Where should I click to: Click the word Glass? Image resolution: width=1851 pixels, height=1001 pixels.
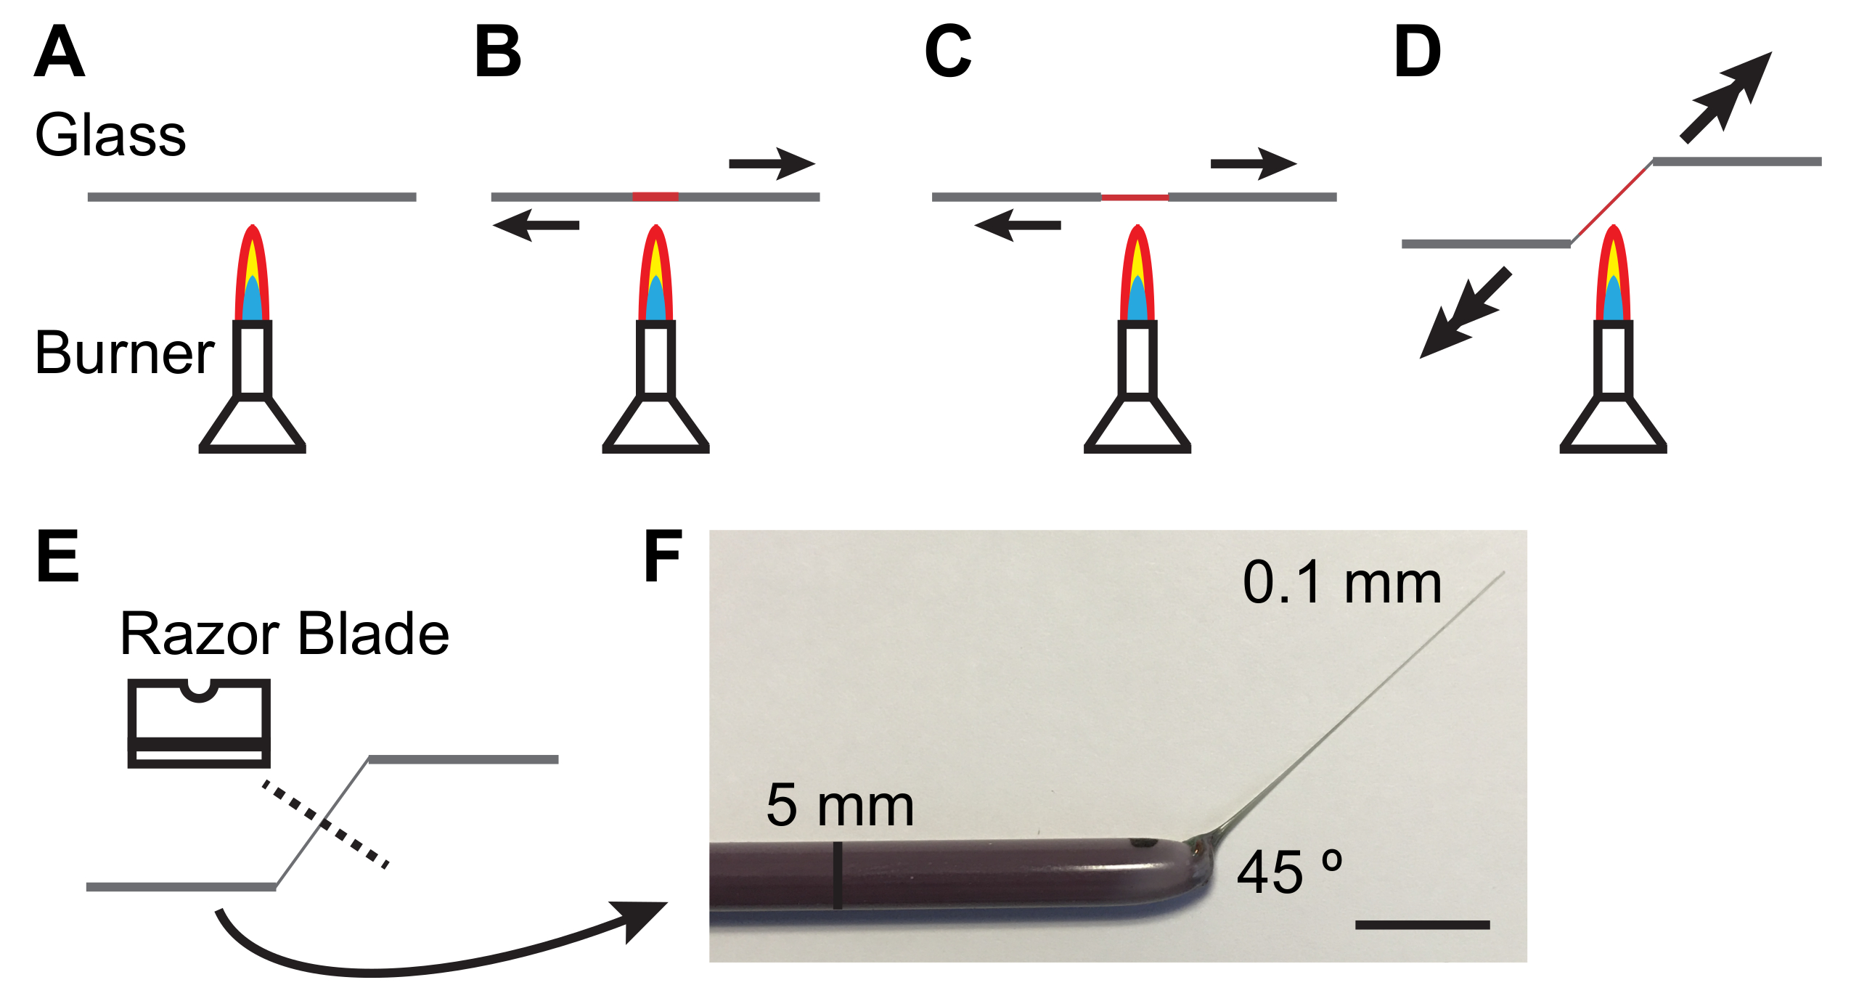pyautogui.click(x=110, y=135)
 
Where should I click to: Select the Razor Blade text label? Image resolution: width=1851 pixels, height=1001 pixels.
pyautogui.click(x=285, y=634)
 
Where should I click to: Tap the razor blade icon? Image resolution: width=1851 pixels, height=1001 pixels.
pyautogui.click(x=199, y=723)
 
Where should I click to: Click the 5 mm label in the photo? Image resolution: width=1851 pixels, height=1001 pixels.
pyautogui.click(x=840, y=806)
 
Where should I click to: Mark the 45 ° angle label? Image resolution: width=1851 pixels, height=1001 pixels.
pyautogui.click(x=1289, y=872)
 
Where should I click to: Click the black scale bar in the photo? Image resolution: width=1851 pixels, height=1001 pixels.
pyautogui.click(x=1422, y=925)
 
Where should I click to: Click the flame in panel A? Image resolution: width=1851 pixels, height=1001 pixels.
pyautogui.click(x=252, y=276)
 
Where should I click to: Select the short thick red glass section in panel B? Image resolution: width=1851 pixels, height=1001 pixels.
pyautogui.click(x=655, y=197)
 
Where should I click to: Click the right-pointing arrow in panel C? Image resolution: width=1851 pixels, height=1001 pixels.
pyautogui.click(x=1253, y=164)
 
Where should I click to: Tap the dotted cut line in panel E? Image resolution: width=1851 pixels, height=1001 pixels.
pyautogui.click(x=325, y=824)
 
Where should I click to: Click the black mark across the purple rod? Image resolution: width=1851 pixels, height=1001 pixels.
pyautogui.click(x=838, y=875)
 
